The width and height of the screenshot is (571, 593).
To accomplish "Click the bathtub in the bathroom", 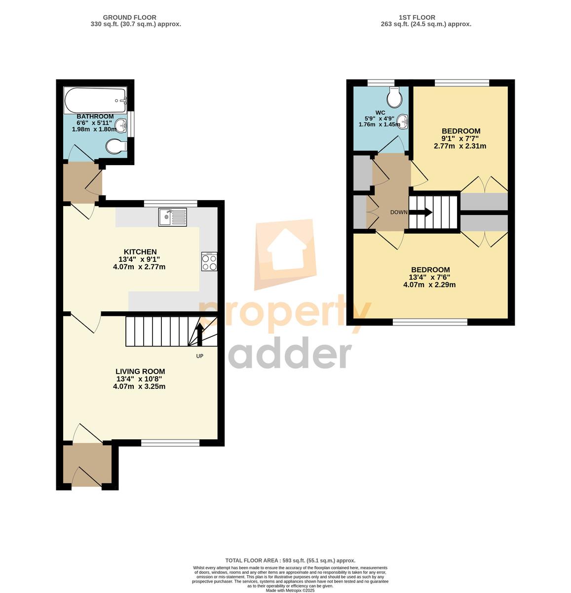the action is pyautogui.click(x=95, y=100).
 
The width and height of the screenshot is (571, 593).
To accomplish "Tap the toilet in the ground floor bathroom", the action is pyautogui.click(x=116, y=147).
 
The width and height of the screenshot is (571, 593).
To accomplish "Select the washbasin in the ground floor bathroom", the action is pyautogui.click(x=121, y=126).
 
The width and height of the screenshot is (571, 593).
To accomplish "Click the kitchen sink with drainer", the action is pyautogui.click(x=172, y=217).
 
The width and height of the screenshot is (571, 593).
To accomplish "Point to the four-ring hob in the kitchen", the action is pyautogui.click(x=209, y=261).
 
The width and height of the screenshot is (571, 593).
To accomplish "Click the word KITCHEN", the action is pyautogui.click(x=140, y=252).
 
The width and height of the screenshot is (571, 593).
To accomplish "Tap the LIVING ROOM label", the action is pyautogui.click(x=140, y=372).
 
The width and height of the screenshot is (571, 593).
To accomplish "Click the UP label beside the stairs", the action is pyautogui.click(x=200, y=356).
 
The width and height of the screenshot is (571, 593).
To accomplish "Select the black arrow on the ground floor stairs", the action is pyautogui.click(x=200, y=334).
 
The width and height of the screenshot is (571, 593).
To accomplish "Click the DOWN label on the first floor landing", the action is pyautogui.click(x=399, y=212).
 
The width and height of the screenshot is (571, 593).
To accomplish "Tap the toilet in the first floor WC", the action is pyautogui.click(x=394, y=97).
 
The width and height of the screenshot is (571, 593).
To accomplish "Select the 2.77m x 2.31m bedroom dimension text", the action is pyautogui.click(x=460, y=146).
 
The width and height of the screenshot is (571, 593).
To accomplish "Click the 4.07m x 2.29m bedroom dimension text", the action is pyautogui.click(x=429, y=285).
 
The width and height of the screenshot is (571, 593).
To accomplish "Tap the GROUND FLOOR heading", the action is pyautogui.click(x=130, y=17).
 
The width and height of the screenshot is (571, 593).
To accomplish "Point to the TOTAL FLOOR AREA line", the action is pyautogui.click(x=290, y=560).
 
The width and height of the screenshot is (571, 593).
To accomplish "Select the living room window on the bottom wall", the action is pyautogui.click(x=170, y=443).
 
